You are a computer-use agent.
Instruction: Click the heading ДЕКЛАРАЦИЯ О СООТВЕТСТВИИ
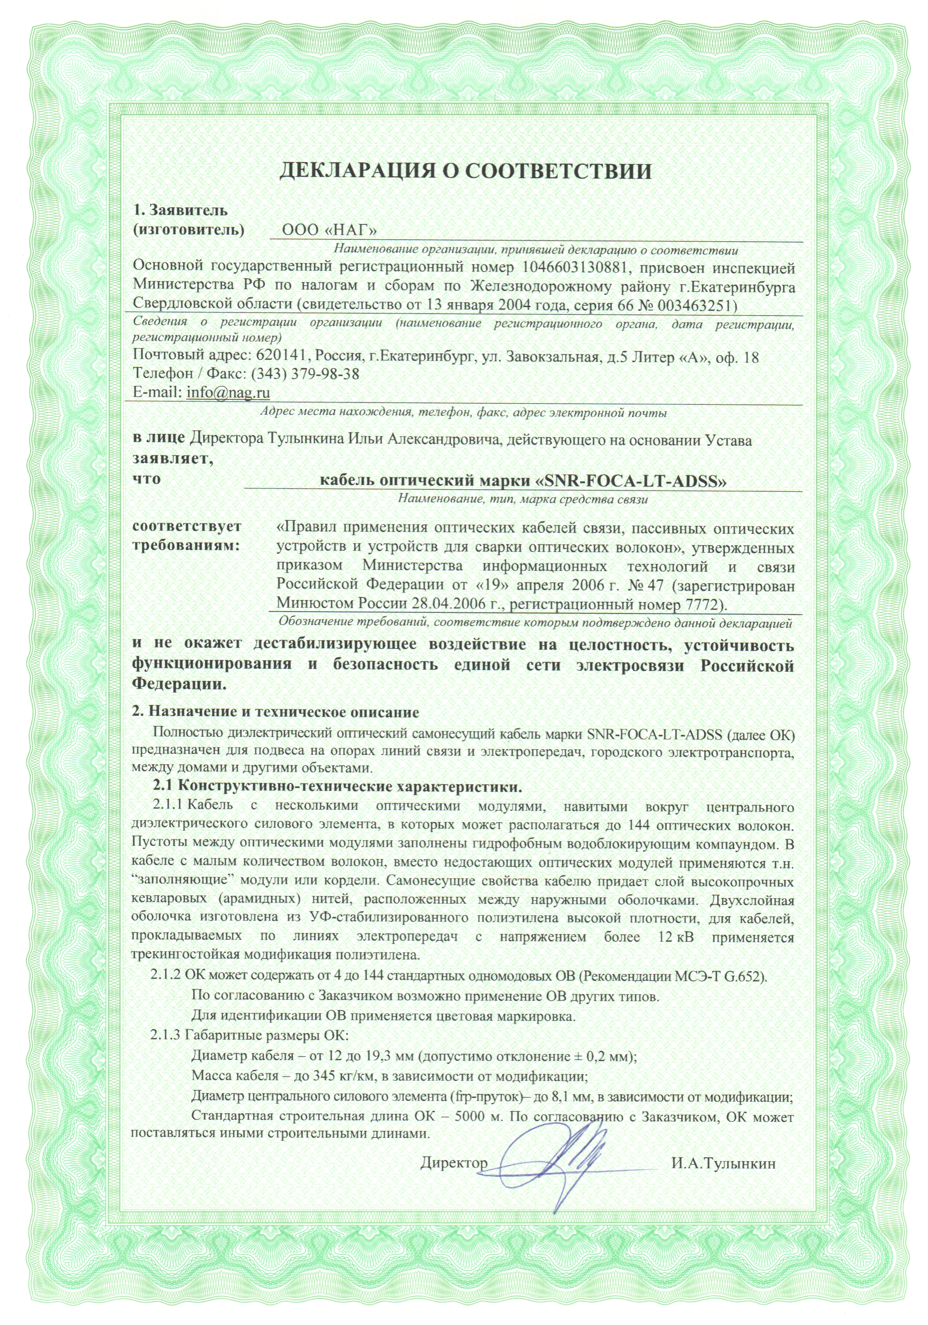466,171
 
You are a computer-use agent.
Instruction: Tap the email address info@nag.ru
228,392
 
